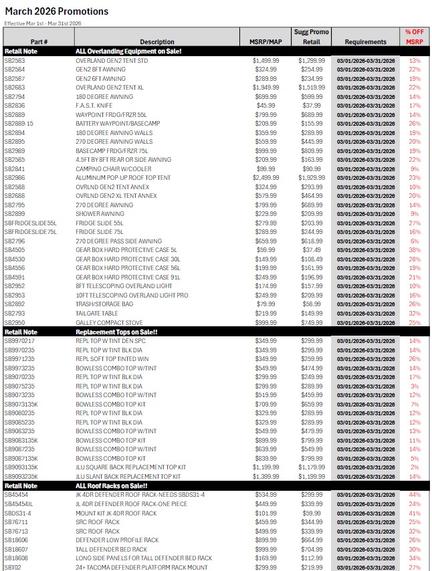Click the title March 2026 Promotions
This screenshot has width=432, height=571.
[x=56, y=12]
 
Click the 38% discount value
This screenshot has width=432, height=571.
[x=415, y=250]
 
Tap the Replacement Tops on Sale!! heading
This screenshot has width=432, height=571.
[x=116, y=332]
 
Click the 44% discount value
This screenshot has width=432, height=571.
[x=415, y=494]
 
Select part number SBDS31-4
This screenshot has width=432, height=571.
[x=18, y=513]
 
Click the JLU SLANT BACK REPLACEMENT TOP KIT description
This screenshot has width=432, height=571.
[x=128, y=476]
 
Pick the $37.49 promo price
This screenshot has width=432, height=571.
[x=312, y=250]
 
